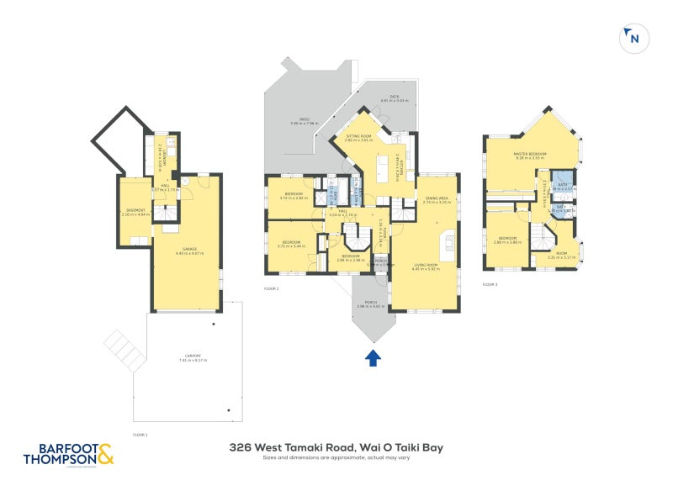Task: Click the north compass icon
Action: (x=633, y=37)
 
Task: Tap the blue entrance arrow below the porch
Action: (x=373, y=358)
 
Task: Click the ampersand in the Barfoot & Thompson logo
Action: (x=104, y=456)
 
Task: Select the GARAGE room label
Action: (x=186, y=250)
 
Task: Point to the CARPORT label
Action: (x=192, y=358)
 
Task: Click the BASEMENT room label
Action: (x=135, y=211)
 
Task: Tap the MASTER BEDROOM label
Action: (x=530, y=155)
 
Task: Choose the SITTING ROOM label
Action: (x=358, y=136)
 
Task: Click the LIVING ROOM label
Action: (x=427, y=267)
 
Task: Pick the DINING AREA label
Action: (x=437, y=200)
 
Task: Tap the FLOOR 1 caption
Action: (x=140, y=435)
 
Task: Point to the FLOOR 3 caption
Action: (x=490, y=285)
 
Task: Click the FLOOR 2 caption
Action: (x=271, y=288)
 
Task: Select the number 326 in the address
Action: (x=241, y=448)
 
